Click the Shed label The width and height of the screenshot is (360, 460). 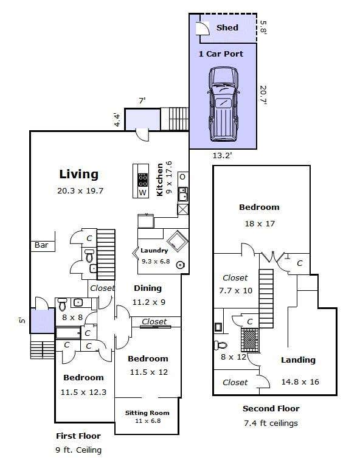[227, 28]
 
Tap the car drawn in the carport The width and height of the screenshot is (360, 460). [223, 105]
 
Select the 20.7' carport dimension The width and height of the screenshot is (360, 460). [263, 96]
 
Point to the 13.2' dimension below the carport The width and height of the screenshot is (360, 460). [222, 156]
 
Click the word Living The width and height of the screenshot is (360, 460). [79, 174]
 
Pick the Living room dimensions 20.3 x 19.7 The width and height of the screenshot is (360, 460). [80, 191]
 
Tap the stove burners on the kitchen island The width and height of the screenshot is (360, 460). [142, 180]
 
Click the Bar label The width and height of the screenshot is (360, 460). [41, 245]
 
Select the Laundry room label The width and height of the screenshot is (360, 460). [154, 251]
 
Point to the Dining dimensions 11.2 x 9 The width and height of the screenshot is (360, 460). [149, 302]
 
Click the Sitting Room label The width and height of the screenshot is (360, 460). [147, 413]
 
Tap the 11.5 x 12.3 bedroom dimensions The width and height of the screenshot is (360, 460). [83, 392]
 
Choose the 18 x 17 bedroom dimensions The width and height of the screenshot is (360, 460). [260, 224]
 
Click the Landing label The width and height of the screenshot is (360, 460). [298, 360]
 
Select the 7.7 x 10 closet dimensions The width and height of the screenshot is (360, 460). [236, 291]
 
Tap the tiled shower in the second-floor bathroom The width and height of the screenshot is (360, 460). [250, 340]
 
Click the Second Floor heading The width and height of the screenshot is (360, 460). [271, 409]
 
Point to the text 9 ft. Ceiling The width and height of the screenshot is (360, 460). [78, 450]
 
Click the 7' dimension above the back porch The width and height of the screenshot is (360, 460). [142, 101]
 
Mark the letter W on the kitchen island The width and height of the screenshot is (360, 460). [142, 193]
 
